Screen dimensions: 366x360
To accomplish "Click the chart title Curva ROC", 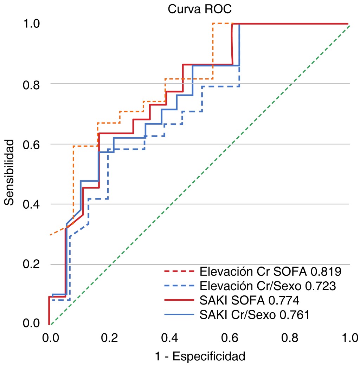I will (200, 9).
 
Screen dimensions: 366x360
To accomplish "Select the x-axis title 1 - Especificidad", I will (200, 357).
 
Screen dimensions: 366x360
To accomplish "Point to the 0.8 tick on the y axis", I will (31, 84).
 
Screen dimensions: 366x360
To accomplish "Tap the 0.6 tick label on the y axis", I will (31, 144).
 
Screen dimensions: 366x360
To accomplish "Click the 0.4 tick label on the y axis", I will (31, 204).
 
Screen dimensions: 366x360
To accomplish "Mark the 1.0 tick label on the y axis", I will (31, 24).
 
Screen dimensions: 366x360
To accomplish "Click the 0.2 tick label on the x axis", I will (109, 338).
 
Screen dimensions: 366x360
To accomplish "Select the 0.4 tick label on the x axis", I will (169, 338).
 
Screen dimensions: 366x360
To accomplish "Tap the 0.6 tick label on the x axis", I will (230, 338).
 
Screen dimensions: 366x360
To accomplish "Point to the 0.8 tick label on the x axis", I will (290, 338).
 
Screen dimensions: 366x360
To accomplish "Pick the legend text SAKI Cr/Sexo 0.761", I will (254, 315).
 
